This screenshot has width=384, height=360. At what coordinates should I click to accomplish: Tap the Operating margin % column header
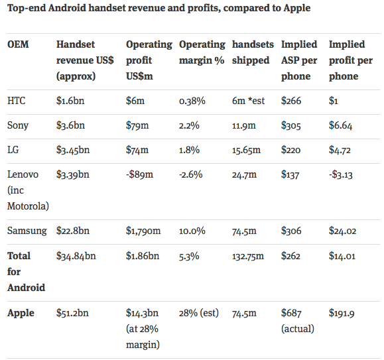[x=202, y=52]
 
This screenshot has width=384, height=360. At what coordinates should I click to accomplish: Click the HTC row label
[x=17, y=101]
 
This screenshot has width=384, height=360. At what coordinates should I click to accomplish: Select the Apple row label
[x=21, y=313]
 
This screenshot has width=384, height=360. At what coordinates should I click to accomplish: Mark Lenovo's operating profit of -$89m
[x=140, y=174]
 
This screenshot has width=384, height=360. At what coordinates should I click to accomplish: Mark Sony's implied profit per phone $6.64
[x=343, y=125]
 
